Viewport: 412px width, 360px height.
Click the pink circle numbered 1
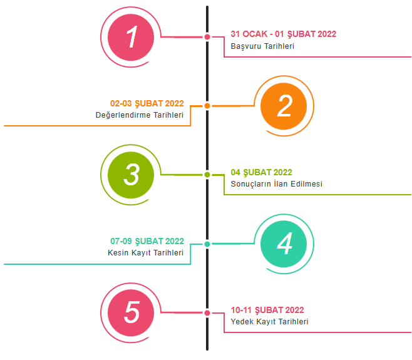pos(131,38)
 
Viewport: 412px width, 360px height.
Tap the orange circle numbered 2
pos(284,106)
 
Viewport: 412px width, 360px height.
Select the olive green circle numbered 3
pos(131,175)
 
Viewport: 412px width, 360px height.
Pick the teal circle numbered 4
pos(284,244)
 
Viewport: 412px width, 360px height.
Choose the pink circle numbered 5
pos(131,312)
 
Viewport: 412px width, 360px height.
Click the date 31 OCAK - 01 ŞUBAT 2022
pos(283,34)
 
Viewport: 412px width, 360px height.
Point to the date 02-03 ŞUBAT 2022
pos(147,103)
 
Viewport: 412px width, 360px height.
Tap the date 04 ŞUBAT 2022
pos(261,172)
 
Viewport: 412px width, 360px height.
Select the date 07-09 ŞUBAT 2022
pos(147,241)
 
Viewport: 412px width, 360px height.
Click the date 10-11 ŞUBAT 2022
pos(267,310)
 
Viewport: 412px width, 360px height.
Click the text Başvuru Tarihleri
pos(262,46)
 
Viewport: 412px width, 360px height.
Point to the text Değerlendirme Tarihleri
pos(139,115)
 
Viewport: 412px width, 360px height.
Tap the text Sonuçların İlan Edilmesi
pos(276,184)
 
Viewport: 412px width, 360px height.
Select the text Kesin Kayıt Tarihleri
pos(145,253)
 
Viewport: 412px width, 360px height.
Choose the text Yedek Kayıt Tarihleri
pos(269,322)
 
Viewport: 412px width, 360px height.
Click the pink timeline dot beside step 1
pos(207,37)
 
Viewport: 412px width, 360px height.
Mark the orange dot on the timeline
pos(207,106)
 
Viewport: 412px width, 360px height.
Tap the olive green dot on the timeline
pos(207,175)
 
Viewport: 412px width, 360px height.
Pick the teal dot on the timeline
pos(207,244)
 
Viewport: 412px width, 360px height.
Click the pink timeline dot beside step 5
pos(207,312)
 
